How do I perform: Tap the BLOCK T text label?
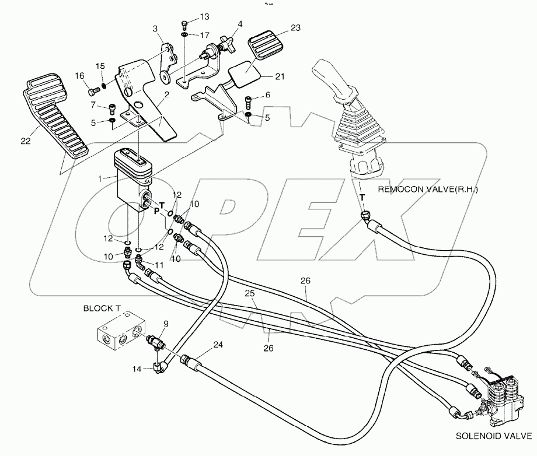(103, 307)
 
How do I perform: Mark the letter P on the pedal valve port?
(156, 212)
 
